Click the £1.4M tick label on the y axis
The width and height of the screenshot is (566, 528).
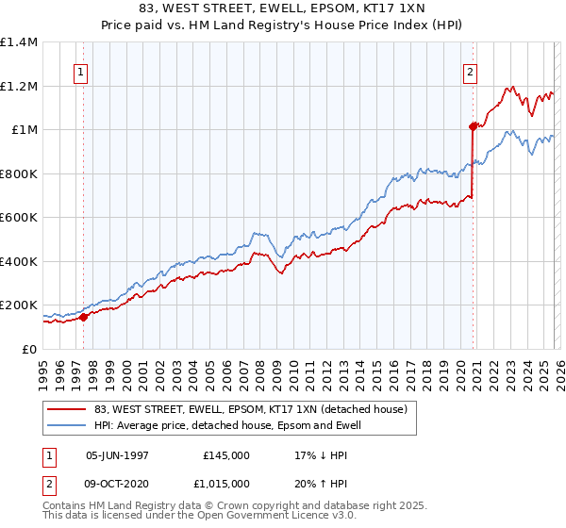pyautogui.click(x=19, y=42)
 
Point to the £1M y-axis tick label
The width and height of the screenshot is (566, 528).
pyautogui.click(x=24, y=130)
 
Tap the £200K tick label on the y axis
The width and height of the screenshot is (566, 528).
pyautogui.click(x=19, y=305)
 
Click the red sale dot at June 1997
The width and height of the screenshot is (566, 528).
pyautogui.click(x=83, y=318)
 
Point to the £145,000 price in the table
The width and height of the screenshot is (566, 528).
pyautogui.click(x=226, y=454)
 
